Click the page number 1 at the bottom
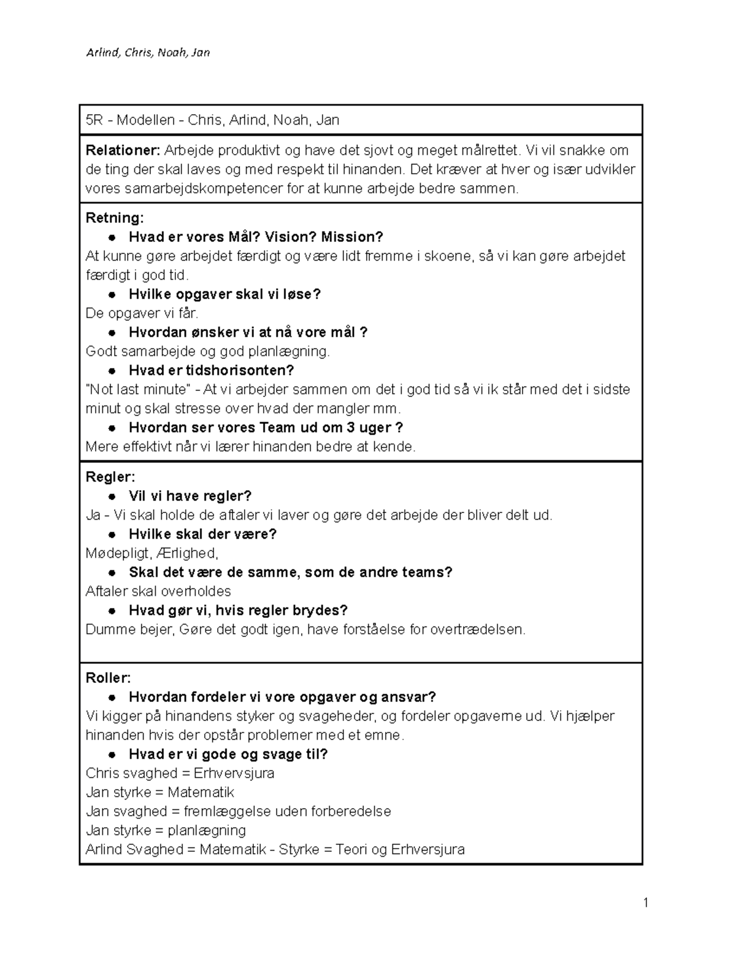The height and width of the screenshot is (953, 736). tap(645, 902)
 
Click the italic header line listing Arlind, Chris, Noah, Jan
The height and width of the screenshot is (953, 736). tap(148, 53)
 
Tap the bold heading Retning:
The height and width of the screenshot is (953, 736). tap(115, 218)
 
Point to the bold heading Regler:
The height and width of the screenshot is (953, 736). tap(110, 477)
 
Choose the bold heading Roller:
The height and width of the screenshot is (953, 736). tap(109, 678)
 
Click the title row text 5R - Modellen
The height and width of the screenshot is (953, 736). tap(130, 120)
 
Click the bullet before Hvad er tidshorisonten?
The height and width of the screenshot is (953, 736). tap(112, 371)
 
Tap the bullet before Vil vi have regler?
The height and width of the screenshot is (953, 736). tap(112, 496)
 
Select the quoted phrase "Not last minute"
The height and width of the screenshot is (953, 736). tap(138, 390)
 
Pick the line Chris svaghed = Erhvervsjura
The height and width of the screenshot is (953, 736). tap(180, 773)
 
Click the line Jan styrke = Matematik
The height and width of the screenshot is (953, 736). tap(159, 792)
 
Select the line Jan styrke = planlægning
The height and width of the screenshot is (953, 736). tap(166, 830)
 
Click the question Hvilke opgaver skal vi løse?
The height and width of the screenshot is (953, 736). tap(224, 295)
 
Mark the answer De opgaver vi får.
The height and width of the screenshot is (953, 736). tap(142, 314)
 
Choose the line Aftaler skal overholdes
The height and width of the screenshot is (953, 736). tap(158, 592)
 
